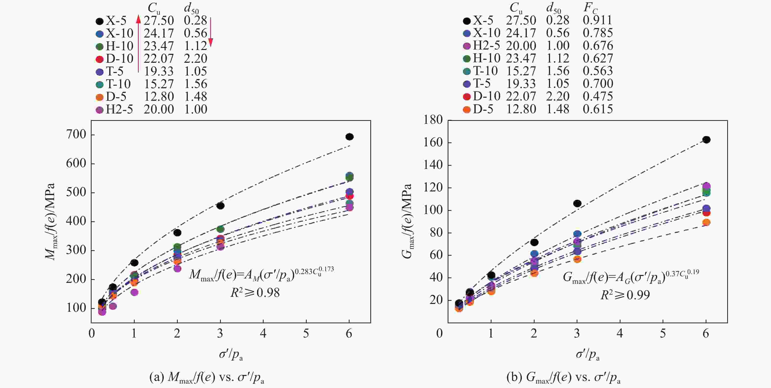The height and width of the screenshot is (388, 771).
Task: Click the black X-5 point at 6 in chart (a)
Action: pyautogui.click(x=349, y=137)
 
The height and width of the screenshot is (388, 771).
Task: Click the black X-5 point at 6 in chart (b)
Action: pyautogui.click(x=706, y=140)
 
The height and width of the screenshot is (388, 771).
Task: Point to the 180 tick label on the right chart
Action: pyautogui.click(x=433, y=120)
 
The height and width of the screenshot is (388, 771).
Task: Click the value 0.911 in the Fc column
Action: pyautogui.click(x=598, y=20)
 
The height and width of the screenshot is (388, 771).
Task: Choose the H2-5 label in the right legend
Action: pyautogui.click(x=486, y=46)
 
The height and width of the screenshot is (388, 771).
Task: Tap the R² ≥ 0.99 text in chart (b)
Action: pyautogui.click(x=625, y=295)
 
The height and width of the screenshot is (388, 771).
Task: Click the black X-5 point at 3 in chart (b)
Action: pyautogui.click(x=577, y=203)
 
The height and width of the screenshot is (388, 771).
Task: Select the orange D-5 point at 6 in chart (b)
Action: pyautogui.click(x=706, y=222)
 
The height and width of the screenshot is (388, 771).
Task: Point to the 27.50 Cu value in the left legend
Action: pyautogui.click(x=159, y=20)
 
